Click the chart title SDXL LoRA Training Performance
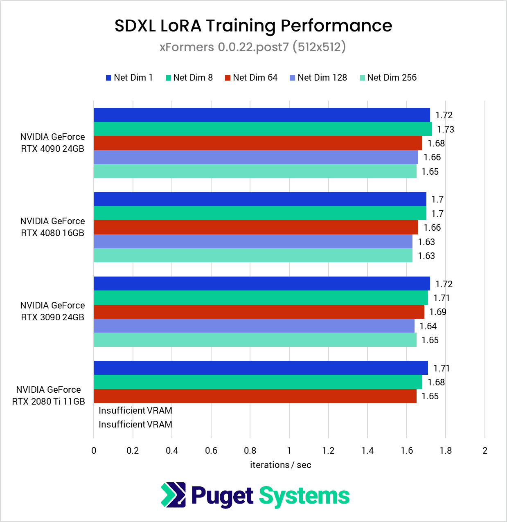click(253, 26)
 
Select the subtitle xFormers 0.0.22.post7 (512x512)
click(252, 47)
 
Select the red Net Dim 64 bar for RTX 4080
click(256, 227)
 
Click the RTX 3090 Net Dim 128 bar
click(254, 326)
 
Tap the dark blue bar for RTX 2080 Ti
click(261, 368)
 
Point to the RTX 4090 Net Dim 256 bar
click(255, 171)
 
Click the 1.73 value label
click(445, 130)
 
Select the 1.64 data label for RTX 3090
click(428, 326)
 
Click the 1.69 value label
click(438, 312)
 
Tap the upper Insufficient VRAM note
click(135, 410)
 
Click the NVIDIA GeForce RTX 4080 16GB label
click(52, 227)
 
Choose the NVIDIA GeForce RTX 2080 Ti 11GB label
click(49, 396)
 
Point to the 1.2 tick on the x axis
click(328, 451)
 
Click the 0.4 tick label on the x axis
click(172, 451)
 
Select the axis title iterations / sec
click(280, 465)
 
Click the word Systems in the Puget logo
click(304, 496)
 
